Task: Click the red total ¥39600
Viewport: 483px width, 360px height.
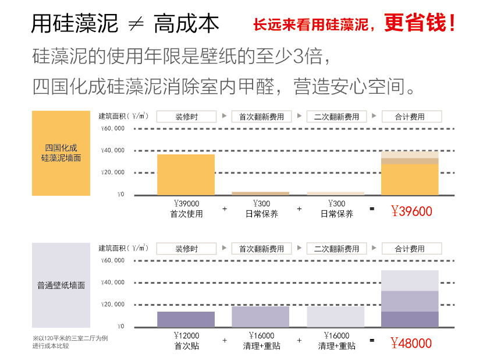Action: tap(411, 211)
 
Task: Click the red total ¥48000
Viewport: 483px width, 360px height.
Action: tap(411, 343)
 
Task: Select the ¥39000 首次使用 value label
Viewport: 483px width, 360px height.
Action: tap(186, 209)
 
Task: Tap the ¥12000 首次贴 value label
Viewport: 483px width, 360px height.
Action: tap(186, 341)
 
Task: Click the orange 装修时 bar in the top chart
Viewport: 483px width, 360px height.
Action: tap(186, 175)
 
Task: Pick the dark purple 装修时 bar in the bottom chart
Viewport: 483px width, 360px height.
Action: tap(186, 319)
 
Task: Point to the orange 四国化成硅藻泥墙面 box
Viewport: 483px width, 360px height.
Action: tap(61, 153)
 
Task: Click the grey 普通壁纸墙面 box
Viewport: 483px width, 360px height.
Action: tap(61, 285)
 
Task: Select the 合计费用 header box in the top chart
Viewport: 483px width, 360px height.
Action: tap(410, 117)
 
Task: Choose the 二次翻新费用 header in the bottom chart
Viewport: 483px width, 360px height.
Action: tap(336, 249)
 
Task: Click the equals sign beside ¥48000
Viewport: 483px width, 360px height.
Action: tap(372, 340)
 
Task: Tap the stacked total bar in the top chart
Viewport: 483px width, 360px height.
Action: tap(410, 174)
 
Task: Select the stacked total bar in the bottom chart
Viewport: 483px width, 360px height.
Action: tap(410, 299)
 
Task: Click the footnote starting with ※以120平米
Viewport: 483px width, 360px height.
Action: tap(70, 342)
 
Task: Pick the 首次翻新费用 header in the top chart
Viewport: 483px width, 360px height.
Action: tap(261, 117)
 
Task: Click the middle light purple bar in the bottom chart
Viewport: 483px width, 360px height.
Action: tap(261, 316)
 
